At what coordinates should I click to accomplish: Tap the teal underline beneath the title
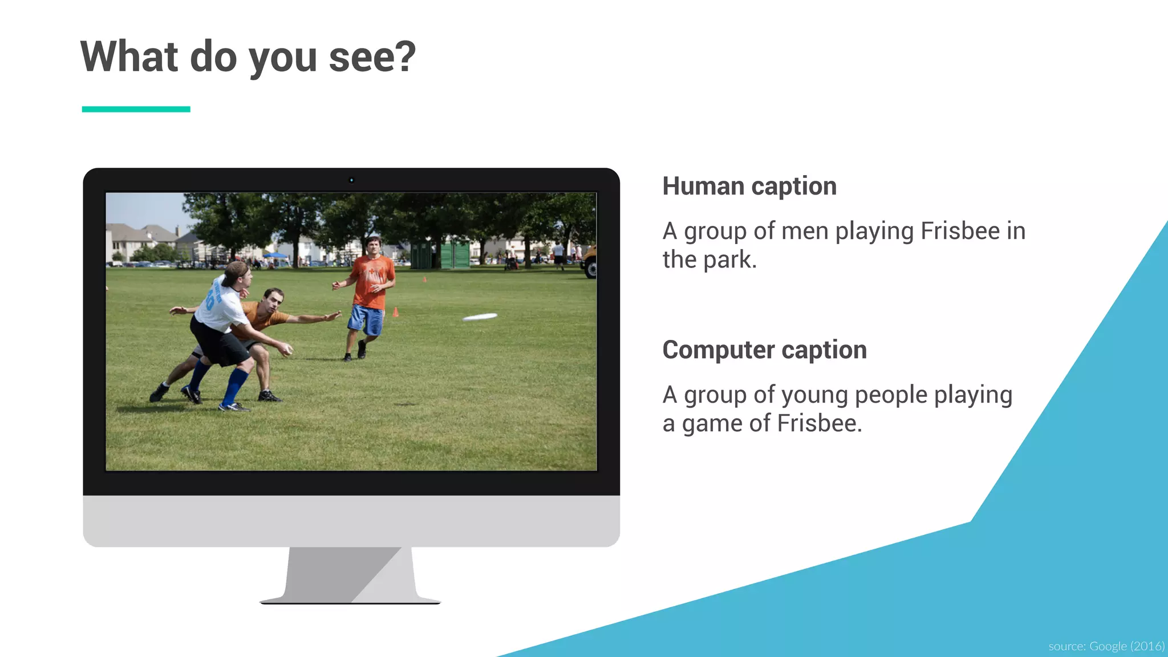point(136,109)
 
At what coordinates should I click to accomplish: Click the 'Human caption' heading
point(749,186)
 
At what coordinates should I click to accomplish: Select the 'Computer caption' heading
point(764,350)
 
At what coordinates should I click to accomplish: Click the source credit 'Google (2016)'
point(1126,646)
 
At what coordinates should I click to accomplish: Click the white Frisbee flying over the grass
point(480,317)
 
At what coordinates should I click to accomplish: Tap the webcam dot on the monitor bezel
point(351,180)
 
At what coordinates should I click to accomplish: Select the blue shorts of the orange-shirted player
point(366,319)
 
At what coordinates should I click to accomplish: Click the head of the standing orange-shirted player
point(373,246)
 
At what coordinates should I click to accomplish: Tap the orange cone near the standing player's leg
point(395,311)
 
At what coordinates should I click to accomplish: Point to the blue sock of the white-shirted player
point(235,386)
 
